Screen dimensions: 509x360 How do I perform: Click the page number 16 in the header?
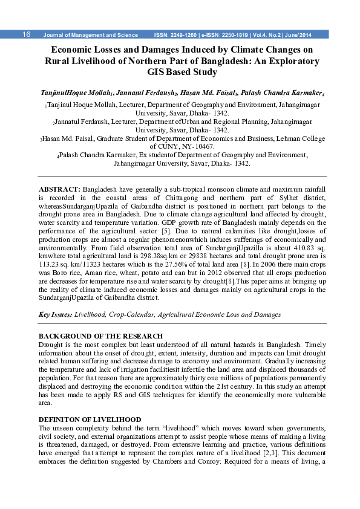coord(27,34)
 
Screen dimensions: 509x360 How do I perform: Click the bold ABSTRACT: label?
coord(59,190)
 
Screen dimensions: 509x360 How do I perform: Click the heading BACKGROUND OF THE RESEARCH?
coord(100,336)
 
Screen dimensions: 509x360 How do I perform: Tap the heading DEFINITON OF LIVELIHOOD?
coord(90,419)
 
